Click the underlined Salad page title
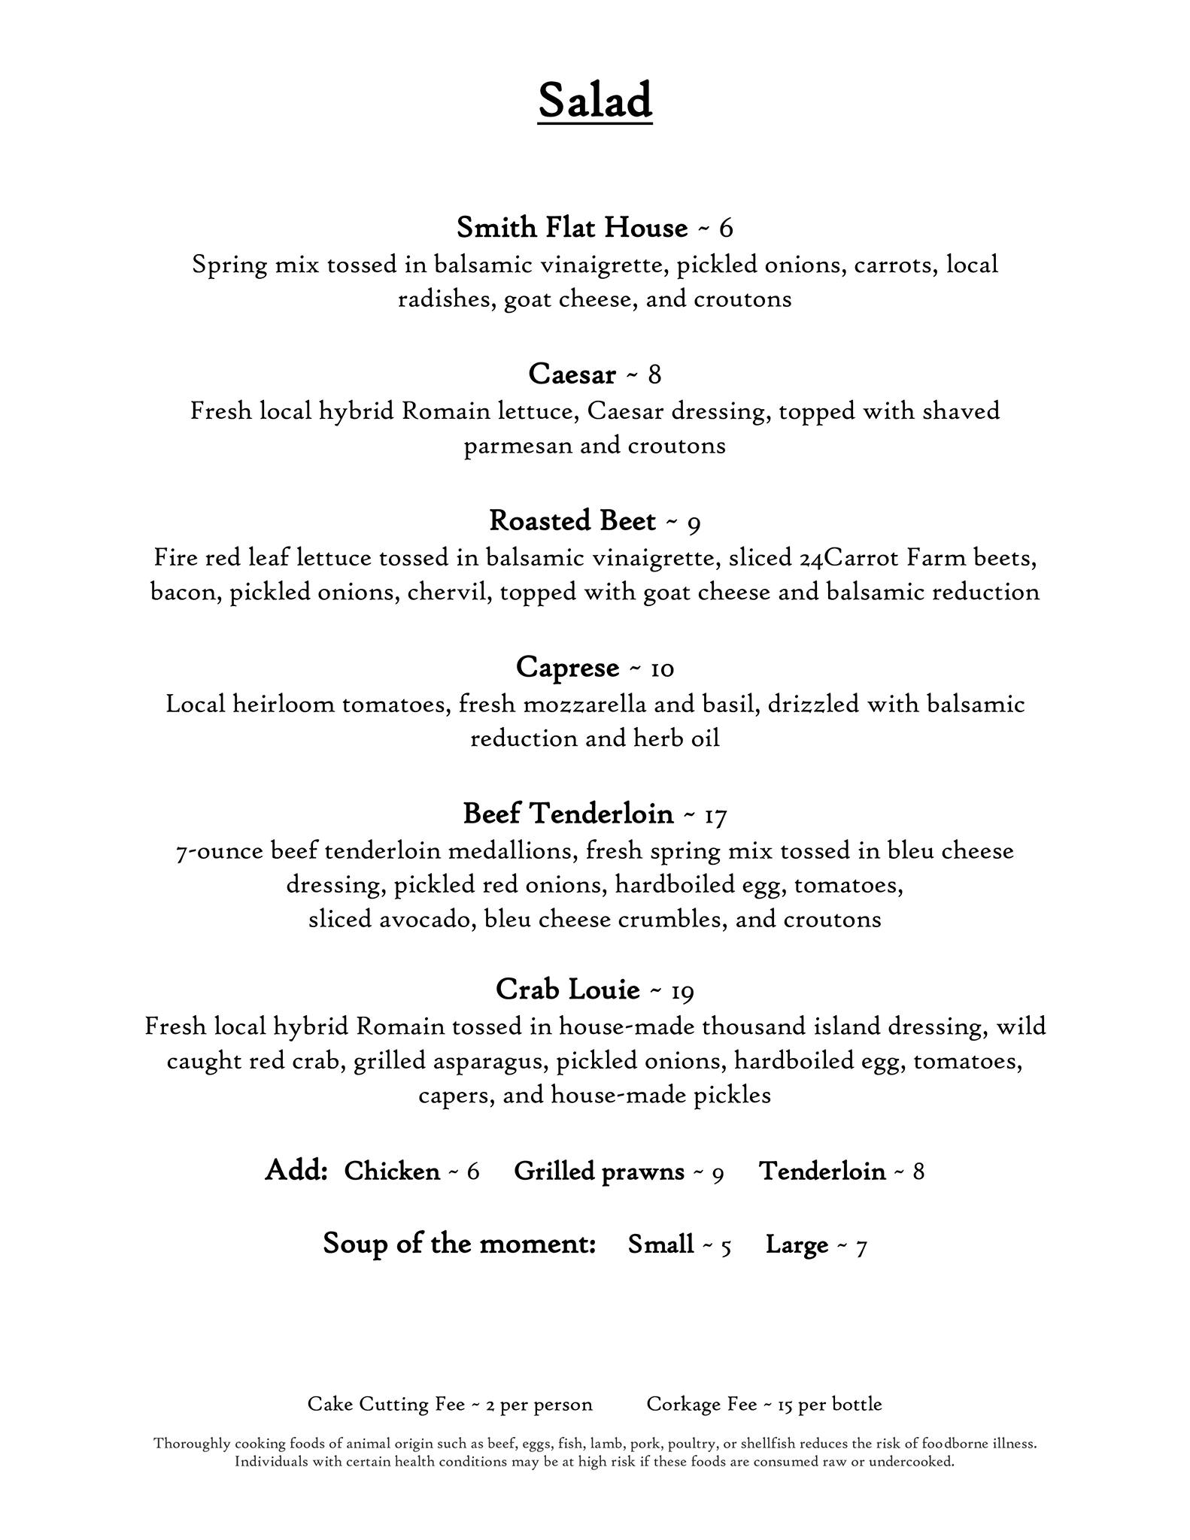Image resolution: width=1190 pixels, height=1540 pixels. [x=594, y=101]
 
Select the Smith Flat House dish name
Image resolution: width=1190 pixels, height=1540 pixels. [x=572, y=227]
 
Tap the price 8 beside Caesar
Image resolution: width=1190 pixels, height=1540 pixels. [x=654, y=374]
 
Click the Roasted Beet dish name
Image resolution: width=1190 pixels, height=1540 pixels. [x=572, y=520]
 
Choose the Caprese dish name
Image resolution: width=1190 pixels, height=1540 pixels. [x=567, y=667]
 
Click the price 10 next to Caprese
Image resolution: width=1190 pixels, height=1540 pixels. [x=662, y=668]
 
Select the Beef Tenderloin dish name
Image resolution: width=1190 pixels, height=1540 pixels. [x=568, y=814]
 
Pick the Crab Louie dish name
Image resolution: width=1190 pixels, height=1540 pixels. [x=567, y=990]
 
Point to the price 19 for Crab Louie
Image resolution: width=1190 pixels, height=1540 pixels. [x=682, y=991]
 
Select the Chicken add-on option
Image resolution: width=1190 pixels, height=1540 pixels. [x=392, y=1172]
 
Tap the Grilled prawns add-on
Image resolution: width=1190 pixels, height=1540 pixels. [x=599, y=1172]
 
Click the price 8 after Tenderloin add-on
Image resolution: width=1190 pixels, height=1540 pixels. [x=918, y=1172]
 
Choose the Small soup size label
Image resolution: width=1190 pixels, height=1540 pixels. [x=660, y=1244]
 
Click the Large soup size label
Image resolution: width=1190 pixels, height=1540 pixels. [x=797, y=1244]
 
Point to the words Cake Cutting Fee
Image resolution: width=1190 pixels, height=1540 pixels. [x=386, y=1404]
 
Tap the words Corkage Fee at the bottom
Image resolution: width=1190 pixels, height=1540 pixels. [x=701, y=1404]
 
